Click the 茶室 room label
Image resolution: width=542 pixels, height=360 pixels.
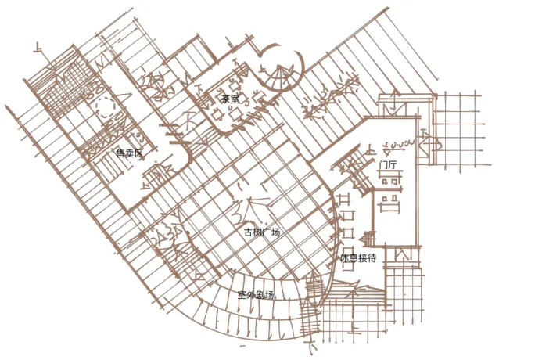pos(230,99)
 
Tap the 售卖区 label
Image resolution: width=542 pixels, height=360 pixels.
pos(130,153)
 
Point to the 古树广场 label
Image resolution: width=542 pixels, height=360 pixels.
pos(262,232)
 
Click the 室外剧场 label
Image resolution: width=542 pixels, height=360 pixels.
pos(256,295)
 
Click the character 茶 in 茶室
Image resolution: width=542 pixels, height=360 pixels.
pos(225,99)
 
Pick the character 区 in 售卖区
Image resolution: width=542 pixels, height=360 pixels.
pos(140,153)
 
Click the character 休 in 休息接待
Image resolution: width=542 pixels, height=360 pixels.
pos(345,257)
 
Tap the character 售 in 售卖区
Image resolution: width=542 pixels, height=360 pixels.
pos(120,153)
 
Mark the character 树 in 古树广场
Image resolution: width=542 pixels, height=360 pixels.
pos(257,232)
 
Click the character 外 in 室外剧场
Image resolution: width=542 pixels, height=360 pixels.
pos(251,295)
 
